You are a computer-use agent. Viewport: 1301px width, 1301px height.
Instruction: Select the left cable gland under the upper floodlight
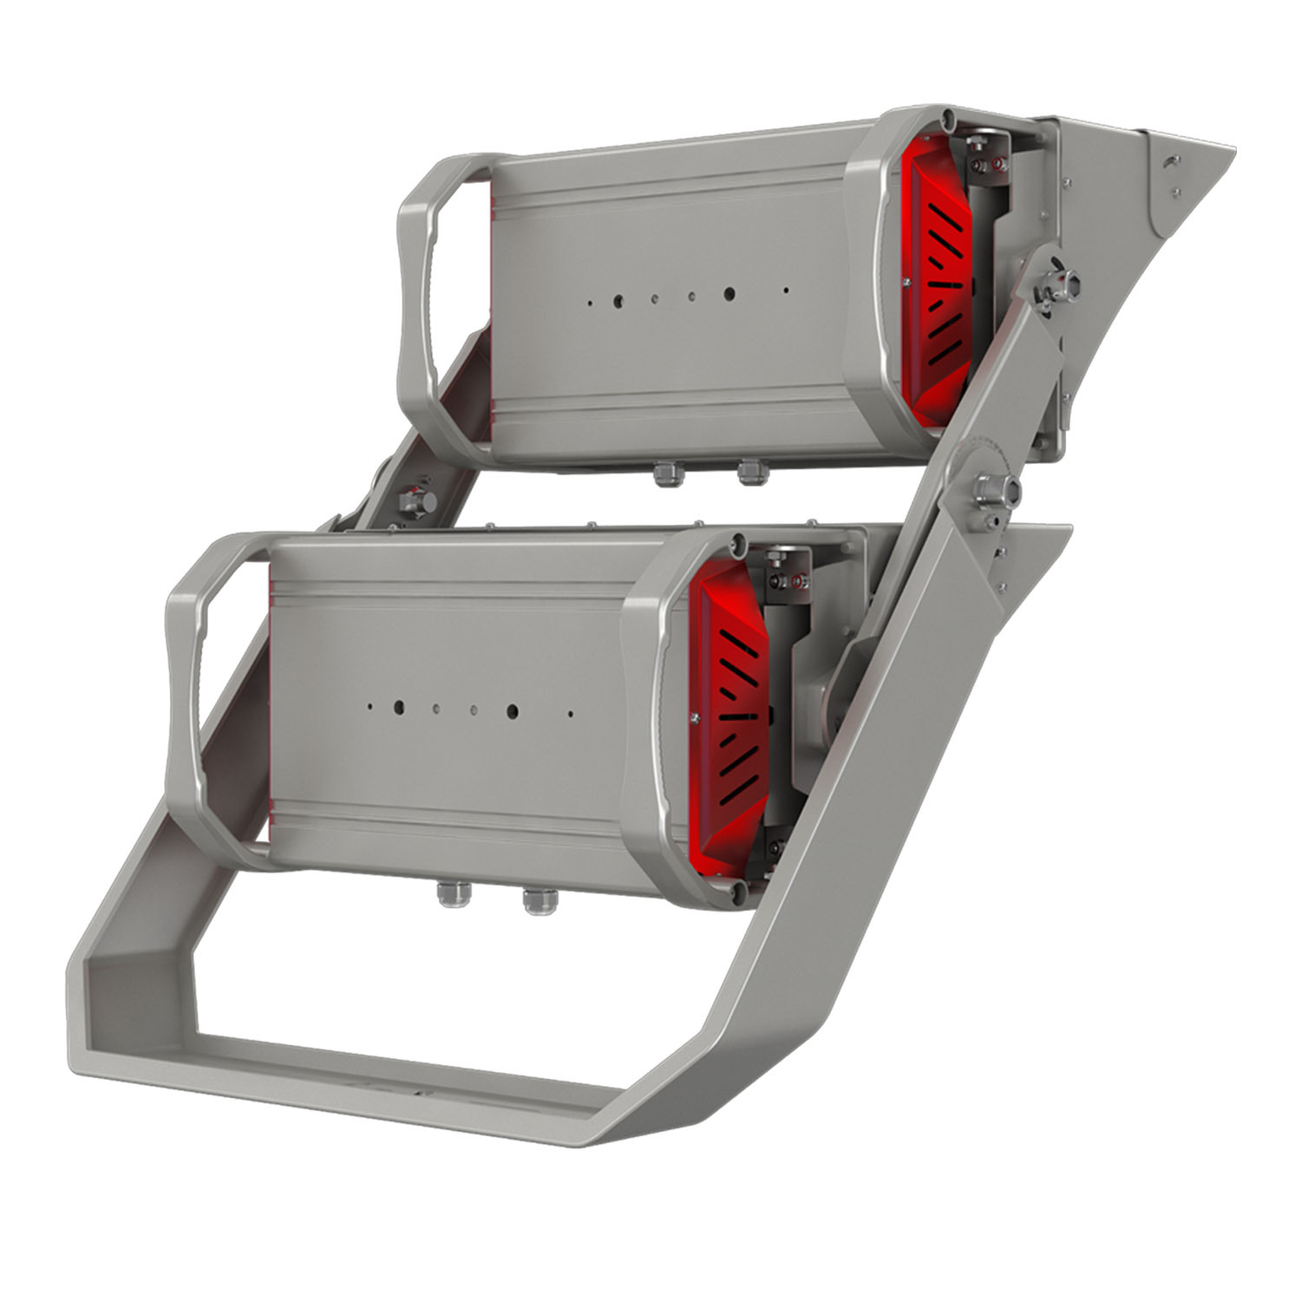(x=666, y=474)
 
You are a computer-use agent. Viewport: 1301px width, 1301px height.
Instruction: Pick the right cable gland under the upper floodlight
(x=748, y=473)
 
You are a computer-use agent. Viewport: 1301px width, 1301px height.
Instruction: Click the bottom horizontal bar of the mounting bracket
(x=364, y=1075)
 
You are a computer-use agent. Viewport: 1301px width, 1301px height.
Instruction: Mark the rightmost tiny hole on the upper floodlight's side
(x=787, y=291)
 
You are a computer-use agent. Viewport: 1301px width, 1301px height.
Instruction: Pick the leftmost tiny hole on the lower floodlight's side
(x=369, y=706)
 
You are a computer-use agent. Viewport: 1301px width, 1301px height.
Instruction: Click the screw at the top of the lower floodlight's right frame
(x=736, y=544)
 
